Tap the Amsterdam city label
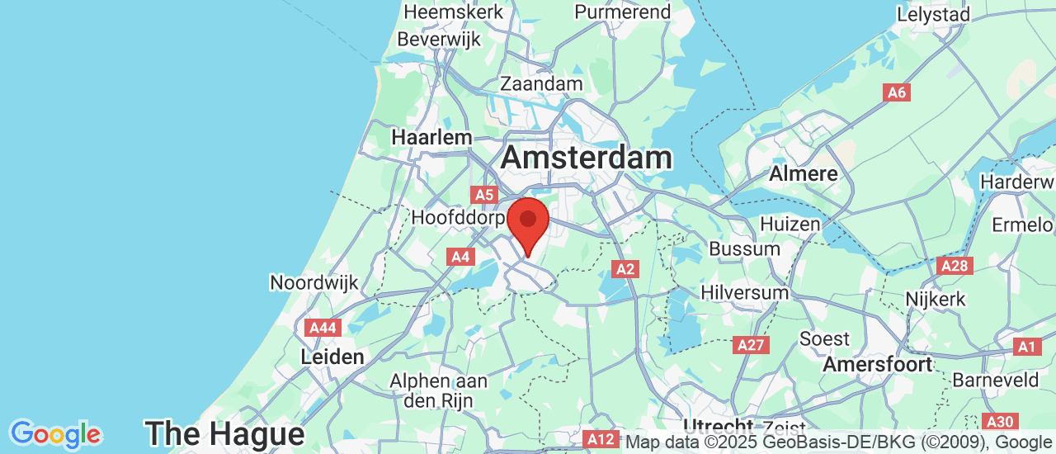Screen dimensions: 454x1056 (586, 157)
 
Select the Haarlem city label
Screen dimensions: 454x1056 (431, 137)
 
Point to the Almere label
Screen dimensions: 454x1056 (803, 174)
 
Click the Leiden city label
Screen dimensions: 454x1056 (332, 357)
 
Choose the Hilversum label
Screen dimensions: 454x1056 (744, 292)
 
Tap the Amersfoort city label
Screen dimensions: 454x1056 (877, 364)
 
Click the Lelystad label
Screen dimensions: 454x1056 (934, 14)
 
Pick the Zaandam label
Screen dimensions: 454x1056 (541, 84)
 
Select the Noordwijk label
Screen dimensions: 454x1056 (314, 283)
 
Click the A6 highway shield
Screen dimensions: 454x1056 (897, 92)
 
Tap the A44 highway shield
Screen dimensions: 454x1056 (323, 328)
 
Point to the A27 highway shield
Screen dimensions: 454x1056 (751, 345)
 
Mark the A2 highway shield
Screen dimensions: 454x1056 (625, 268)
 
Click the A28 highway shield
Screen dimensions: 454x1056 (955, 266)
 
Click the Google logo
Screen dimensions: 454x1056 (55, 433)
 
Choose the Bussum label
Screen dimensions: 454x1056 (744, 248)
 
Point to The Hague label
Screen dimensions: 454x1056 (224, 433)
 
